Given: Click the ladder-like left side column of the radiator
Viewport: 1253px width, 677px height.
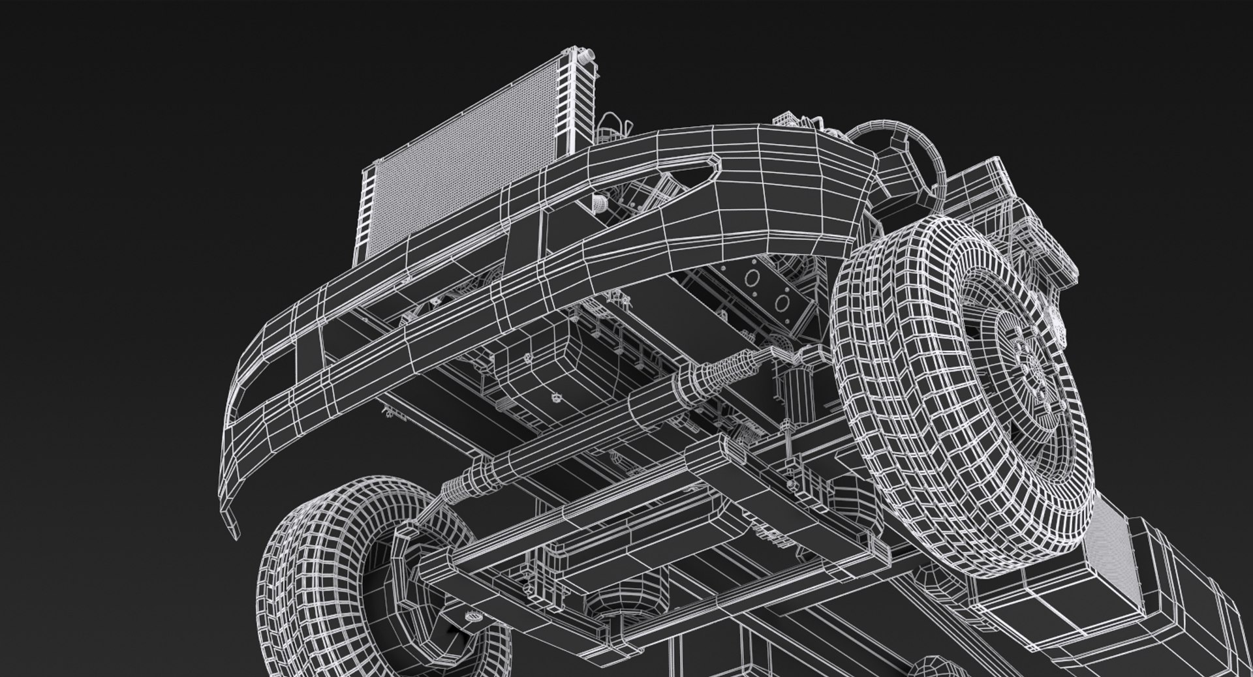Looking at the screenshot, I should coord(368,215).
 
